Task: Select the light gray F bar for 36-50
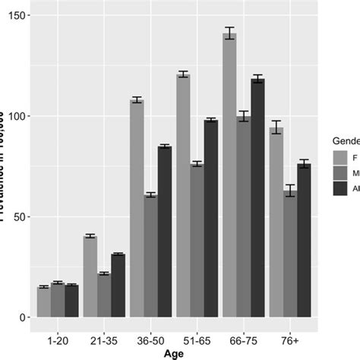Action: pos(137,208)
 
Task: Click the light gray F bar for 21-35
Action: pos(90,276)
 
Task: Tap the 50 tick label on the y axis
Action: pos(17,216)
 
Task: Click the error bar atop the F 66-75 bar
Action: pos(229,33)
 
